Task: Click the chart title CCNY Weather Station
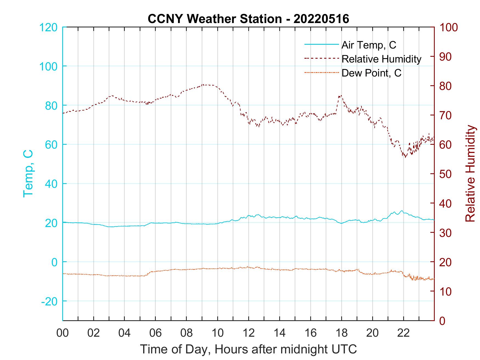(248, 19)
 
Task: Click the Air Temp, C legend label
(369, 45)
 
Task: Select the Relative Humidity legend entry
(381, 59)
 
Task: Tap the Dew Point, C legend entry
(371, 73)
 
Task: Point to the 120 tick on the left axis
(49, 27)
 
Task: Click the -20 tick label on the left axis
(49, 301)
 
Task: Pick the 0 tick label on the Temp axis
(54, 262)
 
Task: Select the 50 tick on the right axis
(446, 174)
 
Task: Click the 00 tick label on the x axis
(63, 333)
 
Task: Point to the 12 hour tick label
(249, 333)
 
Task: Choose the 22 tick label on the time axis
(403, 333)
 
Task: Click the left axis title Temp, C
(28, 174)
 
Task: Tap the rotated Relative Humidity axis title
(470, 174)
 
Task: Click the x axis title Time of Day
(248, 350)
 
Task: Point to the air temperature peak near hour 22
(402, 211)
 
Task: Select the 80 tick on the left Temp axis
(51, 106)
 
